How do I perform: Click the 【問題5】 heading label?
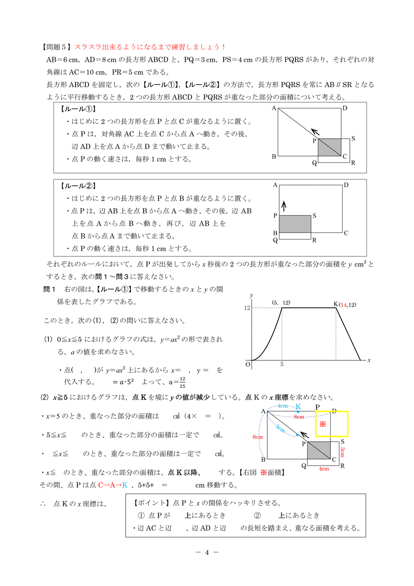point(57,47)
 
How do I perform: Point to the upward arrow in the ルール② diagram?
point(284,206)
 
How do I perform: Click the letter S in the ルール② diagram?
point(315,215)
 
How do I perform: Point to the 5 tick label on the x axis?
point(282,365)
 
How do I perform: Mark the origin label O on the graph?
point(247,364)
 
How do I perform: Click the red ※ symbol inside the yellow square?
point(323,424)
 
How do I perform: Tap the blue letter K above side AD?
point(298,407)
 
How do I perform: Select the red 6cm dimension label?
point(258,437)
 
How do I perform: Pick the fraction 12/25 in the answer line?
point(182,381)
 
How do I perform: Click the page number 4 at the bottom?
point(207,552)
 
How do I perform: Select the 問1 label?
point(49,289)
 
